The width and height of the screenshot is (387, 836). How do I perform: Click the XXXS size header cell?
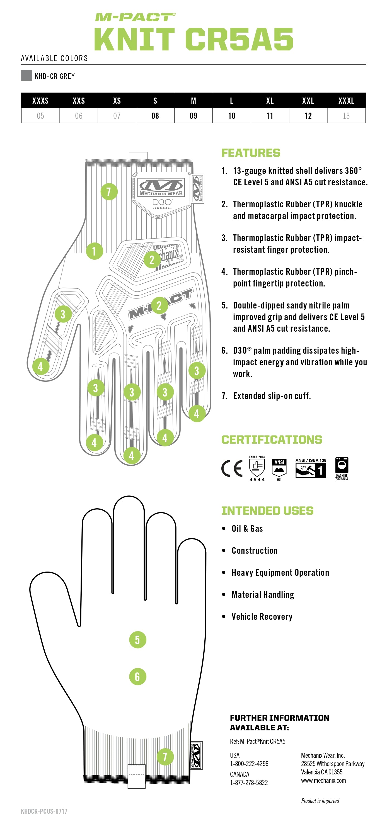(x=40, y=101)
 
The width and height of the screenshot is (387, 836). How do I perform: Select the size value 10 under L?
(x=231, y=116)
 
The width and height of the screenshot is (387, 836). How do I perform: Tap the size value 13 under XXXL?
(x=346, y=116)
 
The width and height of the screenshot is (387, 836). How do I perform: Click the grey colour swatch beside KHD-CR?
(x=26, y=76)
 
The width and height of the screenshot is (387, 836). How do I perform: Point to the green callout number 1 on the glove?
(x=95, y=251)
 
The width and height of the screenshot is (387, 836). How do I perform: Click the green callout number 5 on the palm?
(x=137, y=640)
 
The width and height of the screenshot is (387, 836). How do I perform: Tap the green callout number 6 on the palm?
(x=137, y=677)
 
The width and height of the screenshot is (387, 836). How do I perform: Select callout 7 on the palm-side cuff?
(x=165, y=757)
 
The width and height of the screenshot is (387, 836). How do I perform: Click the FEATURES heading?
(x=251, y=153)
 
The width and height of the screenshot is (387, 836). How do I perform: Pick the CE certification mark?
(x=232, y=468)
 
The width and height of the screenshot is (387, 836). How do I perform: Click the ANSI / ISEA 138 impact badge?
(x=311, y=469)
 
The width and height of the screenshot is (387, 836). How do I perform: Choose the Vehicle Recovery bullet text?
(x=262, y=617)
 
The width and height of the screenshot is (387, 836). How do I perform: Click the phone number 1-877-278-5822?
(x=249, y=782)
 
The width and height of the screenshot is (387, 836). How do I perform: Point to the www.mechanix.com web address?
(x=323, y=781)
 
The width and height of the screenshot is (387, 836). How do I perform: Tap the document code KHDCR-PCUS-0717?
(x=44, y=811)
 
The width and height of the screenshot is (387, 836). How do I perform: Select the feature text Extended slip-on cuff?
(x=272, y=396)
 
